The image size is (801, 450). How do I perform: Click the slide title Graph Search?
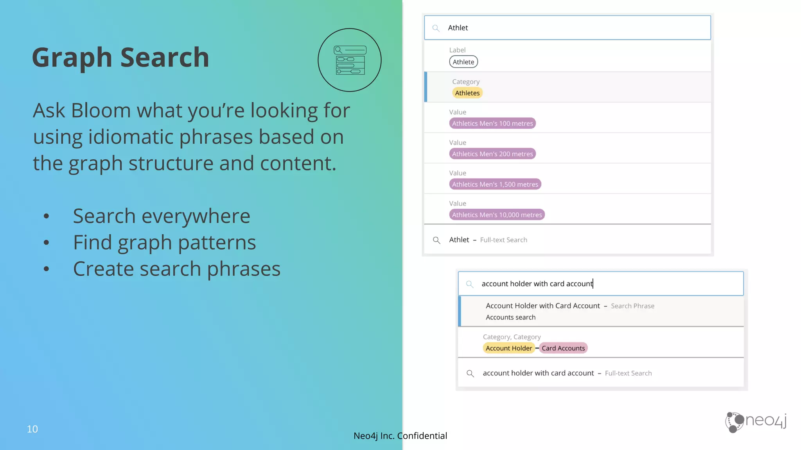coord(120,57)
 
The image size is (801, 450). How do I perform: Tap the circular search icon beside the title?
coord(350,60)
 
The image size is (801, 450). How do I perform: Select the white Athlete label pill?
coord(463,62)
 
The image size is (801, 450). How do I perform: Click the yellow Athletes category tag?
coord(467,93)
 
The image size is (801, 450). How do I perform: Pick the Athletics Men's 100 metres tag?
coord(492,123)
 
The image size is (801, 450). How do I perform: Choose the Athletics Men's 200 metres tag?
coord(492,154)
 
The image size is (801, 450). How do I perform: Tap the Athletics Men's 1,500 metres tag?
coord(495,184)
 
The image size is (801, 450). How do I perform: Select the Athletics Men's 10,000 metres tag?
coord(497,215)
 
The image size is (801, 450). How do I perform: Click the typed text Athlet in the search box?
coord(458,28)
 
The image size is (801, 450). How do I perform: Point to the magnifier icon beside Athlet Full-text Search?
coord(436,240)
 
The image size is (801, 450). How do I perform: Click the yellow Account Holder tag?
coord(509,348)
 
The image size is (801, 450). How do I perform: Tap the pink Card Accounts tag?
coord(563,348)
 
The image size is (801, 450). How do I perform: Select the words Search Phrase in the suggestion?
coord(632,306)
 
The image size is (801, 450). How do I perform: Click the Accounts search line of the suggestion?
coord(510,317)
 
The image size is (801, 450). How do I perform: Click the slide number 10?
coord(32,429)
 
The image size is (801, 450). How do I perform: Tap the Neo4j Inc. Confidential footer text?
coord(400,436)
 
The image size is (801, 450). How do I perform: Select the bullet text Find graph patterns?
coord(164,242)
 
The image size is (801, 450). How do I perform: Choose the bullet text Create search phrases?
coord(176,269)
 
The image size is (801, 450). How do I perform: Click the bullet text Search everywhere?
coord(162,216)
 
